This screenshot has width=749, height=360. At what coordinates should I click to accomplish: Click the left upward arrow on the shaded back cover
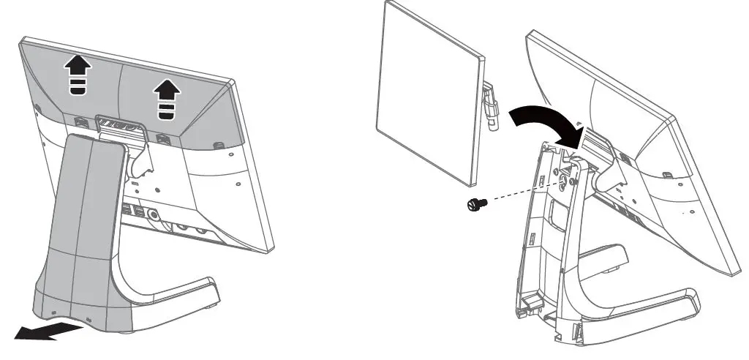click(x=77, y=76)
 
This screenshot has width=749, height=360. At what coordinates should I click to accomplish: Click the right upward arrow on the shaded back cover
click(x=167, y=98)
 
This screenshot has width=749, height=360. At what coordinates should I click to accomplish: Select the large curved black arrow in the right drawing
click(x=545, y=119)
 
